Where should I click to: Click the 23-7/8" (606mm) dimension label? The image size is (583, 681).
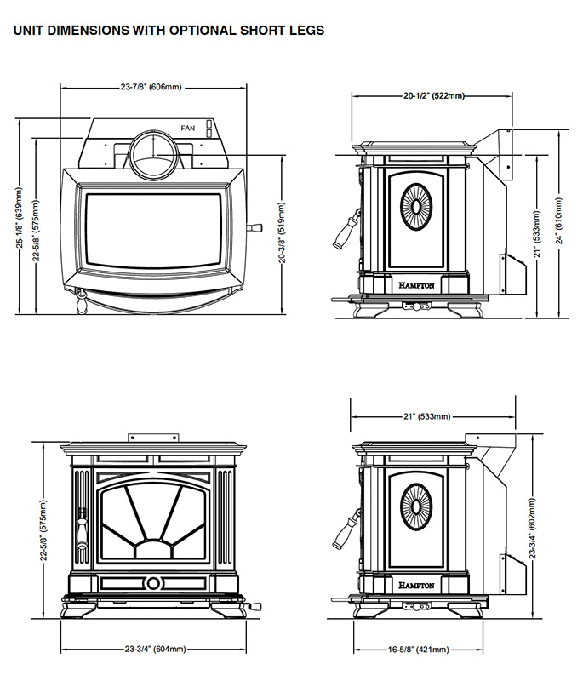coord(151,88)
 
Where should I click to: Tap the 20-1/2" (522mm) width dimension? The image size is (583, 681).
coord(434,95)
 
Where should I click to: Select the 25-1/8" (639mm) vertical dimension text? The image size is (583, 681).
coord(20,218)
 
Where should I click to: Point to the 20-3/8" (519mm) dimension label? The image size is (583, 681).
coord(282,232)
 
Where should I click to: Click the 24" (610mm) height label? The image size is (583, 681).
coord(559,221)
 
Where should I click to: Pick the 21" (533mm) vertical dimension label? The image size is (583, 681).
coord(536,234)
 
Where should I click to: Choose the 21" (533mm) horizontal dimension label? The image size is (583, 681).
coord(426,416)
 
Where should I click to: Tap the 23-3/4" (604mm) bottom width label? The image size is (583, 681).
coord(156,650)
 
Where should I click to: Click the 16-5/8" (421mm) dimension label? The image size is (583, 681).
coord(419,650)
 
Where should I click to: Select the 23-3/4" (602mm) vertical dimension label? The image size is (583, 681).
coord(533,528)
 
